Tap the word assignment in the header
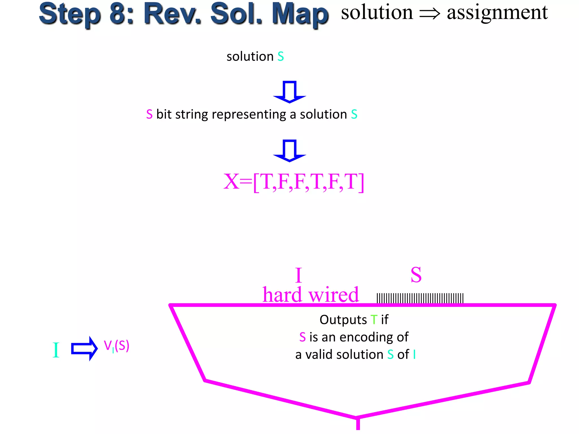point(497,13)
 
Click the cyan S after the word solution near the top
point(280,57)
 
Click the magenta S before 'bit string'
point(149,114)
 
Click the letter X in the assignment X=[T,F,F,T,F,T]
point(231,181)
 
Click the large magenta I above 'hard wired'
point(299,275)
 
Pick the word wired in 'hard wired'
point(334,294)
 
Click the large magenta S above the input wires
point(416,275)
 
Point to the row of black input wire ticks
point(420,298)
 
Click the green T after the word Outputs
point(374,320)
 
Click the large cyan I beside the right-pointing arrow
point(56,350)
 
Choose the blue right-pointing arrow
point(84,348)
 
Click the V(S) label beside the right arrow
point(116,346)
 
